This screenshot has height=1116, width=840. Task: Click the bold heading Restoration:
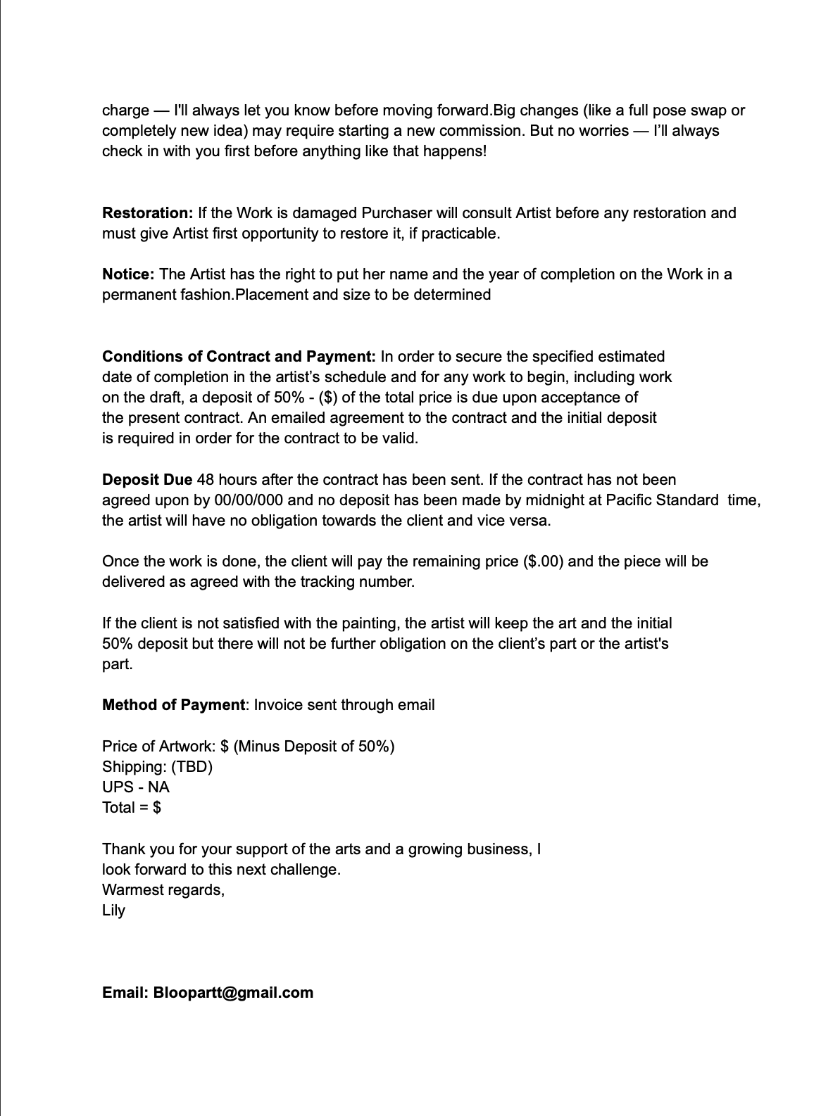[147, 213]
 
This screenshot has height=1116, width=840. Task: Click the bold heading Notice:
[128, 274]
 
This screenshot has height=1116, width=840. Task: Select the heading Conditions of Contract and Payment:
[239, 357]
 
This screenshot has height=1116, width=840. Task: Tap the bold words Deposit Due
[147, 480]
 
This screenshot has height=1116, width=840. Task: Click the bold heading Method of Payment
[174, 705]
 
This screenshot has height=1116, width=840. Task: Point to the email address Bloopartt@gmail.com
[233, 993]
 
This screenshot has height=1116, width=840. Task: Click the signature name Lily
[113, 911]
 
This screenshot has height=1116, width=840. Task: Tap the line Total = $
[132, 808]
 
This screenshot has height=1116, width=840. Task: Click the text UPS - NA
[136, 787]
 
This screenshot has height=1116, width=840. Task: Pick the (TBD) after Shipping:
[192, 767]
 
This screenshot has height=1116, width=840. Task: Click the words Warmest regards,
[163, 890]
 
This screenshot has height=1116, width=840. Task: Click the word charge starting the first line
[125, 111]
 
